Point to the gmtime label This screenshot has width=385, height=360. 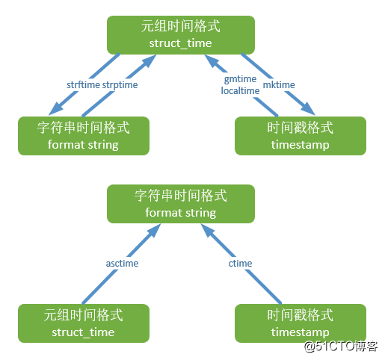[240, 79]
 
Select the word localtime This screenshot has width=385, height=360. [240, 90]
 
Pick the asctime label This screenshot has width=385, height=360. [123, 264]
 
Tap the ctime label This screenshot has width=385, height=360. [240, 264]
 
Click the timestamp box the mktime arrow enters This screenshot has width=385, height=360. [301, 136]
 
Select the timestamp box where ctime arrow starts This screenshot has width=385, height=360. [301, 323]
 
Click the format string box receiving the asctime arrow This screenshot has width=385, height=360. [181, 204]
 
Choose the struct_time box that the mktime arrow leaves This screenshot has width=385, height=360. [181, 34]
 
